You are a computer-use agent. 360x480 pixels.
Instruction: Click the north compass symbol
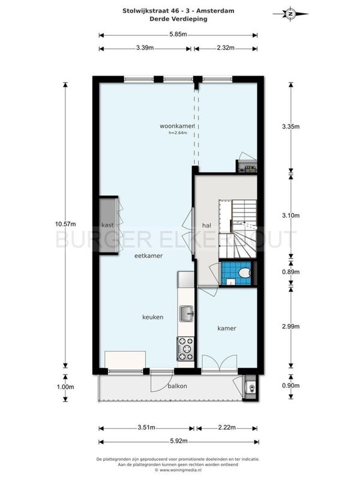(x=290, y=14)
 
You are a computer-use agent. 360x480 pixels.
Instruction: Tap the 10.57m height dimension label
(x=65, y=224)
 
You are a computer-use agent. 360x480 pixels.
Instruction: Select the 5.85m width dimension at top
(x=178, y=34)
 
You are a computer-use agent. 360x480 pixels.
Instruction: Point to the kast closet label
(x=107, y=225)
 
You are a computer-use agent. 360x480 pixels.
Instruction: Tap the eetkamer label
(x=148, y=256)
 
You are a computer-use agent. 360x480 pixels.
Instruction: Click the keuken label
(x=153, y=317)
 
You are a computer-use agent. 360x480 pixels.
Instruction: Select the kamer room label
(x=227, y=328)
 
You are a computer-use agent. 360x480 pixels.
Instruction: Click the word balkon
(x=177, y=386)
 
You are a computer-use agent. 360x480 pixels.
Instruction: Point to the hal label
(x=206, y=226)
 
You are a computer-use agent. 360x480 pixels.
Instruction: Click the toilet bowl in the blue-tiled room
(x=245, y=272)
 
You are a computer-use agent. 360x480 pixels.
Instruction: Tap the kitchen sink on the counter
(x=186, y=314)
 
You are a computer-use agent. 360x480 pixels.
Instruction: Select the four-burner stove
(x=186, y=349)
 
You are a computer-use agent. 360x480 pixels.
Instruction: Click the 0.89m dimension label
(x=291, y=272)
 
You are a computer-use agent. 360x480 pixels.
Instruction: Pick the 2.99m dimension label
(x=291, y=326)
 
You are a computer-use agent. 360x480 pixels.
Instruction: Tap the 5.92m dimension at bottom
(x=178, y=441)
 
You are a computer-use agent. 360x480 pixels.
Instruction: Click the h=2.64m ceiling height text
(x=178, y=133)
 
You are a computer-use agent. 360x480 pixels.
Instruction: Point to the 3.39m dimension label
(x=145, y=48)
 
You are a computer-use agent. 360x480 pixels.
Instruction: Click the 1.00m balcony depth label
(x=65, y=387)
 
